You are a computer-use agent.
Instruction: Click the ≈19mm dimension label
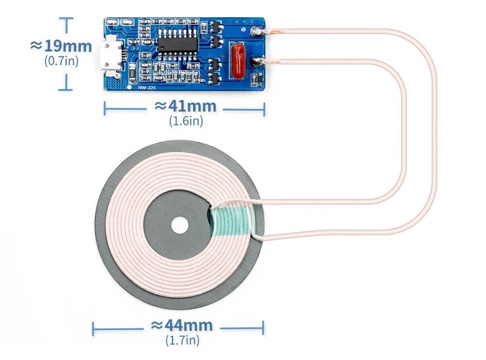pos(61,46)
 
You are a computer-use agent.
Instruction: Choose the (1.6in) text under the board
pos(186,121)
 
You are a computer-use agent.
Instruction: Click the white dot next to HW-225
pos(129,87)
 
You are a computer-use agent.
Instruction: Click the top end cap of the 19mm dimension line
pos(66,18)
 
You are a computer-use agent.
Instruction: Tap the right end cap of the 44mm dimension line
pos(264,328)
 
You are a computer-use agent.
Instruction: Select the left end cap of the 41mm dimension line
pos(105,108)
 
